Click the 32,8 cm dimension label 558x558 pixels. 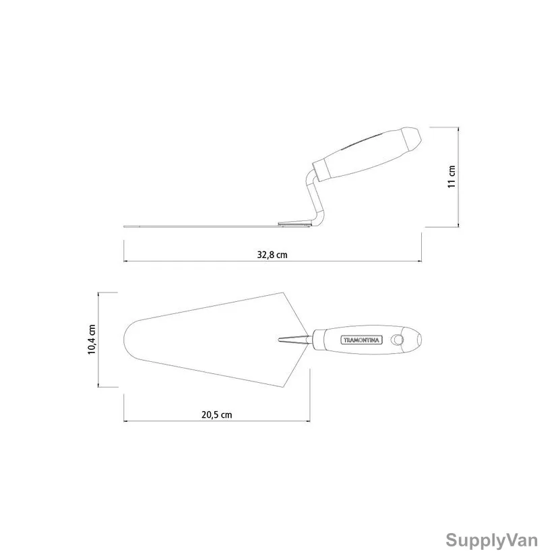tap(272, 255)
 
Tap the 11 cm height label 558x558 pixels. tap(452, 177)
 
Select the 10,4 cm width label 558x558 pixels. tap(92, 340)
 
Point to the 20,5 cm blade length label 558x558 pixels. tap(217, 414)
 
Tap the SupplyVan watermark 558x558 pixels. tap(492, 540)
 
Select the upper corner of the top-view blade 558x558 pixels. tap(282, 293)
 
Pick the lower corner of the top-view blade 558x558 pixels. tap(282, 387)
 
